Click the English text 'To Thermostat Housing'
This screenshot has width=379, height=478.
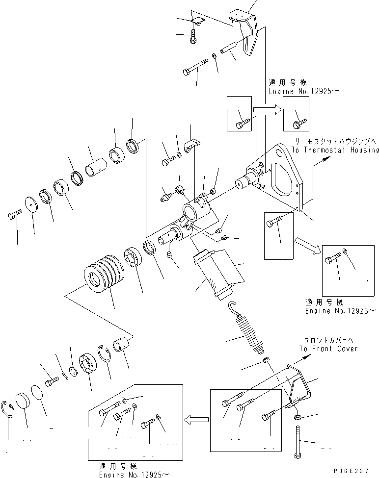tap(336, 151)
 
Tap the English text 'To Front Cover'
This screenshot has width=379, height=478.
tap(328, 349)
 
